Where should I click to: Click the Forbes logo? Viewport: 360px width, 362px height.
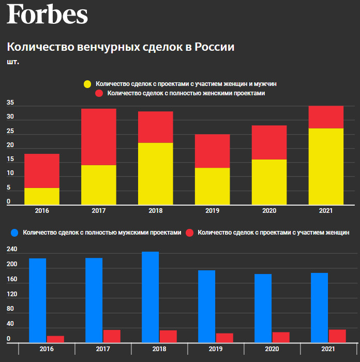(x=47, y=15)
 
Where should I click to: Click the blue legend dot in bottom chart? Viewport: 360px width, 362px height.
(x=14, y=233)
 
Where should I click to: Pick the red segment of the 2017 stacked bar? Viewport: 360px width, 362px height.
(x=98, y=137)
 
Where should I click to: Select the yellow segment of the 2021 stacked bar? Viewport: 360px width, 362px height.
(x=326, y=166)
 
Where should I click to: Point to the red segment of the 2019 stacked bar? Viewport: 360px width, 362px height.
(x=212, y=151)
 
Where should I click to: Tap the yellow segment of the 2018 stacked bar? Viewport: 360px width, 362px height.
(x=155, y=173)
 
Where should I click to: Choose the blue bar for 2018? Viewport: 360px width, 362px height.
(x=150, y=297)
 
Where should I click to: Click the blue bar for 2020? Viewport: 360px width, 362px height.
(x=263, y=308)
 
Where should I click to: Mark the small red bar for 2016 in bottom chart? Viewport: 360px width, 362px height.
(x=55, y=339)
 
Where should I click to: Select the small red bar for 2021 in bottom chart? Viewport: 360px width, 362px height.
(x=337, y=336)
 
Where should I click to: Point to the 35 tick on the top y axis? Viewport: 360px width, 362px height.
(x=10, y=103)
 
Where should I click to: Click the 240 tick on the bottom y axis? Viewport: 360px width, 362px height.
(x=12, y=250)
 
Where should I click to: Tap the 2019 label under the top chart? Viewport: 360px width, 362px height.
(x=212, y=211)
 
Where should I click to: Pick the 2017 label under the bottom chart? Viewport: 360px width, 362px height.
(x=103, y=349)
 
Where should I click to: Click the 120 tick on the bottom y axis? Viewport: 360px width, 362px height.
(x=12, y=294)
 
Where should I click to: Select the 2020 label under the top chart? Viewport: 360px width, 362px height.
(x=269, y=211)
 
